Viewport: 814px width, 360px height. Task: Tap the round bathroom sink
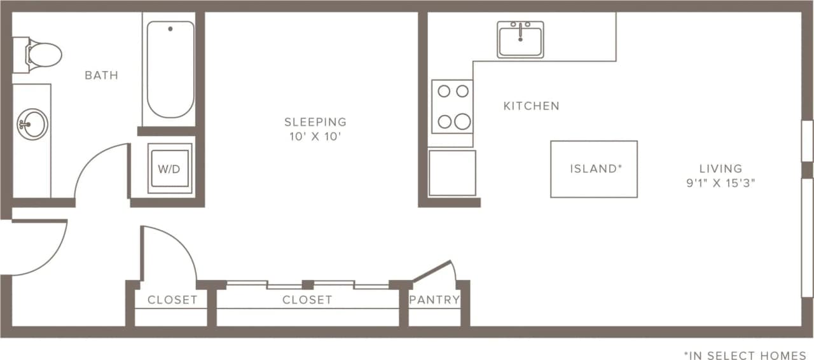pyautogui.click(x=32, y=124)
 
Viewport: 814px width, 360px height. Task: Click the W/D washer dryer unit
pyautogui.click(x=169, y=169)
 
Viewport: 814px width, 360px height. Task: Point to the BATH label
pyautogui.click(x=101, y=76)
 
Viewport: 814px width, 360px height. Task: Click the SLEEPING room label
pyautogui.click(x=315, y=121)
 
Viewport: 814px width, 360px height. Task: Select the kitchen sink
pyautogui.click(x=520, y=39)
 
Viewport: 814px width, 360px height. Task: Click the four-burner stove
pyautogui.click(x=452, y=106)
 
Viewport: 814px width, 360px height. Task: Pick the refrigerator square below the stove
pyautogui.click(x=452, y=173)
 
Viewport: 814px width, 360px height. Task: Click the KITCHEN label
pyautogui.click(x=532, y=106)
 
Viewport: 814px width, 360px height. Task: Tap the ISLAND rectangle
pyautogui.click(x=594, y=169)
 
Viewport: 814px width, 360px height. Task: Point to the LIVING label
pyautogui.click(x=721, y=169)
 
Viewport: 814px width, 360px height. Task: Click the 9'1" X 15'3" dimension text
pyautogui.click(x=721, y=183)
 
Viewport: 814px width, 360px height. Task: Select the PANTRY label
pyautogui.click(x=434, y=300)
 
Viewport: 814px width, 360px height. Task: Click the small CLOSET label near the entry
pyautogui.click(x=172, y=300)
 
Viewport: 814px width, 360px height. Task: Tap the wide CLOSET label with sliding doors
pyautogui.click(x=307, y=300)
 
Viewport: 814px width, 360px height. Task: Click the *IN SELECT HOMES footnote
pyautogui.click(x=745, y=356)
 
